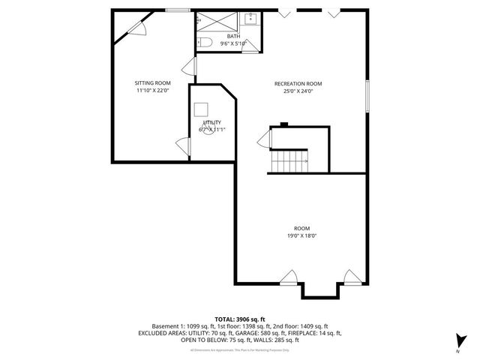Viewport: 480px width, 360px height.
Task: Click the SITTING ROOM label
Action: click(152, 83)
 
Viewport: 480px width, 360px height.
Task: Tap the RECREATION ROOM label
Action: click(298, 83)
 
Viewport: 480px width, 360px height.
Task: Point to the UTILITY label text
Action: click(212, 121)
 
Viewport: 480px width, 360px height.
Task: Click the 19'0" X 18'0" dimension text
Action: click(302, 235)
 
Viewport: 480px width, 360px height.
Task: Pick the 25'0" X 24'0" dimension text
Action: click(298, 91)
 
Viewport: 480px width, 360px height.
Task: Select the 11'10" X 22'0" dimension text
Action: click(152, 91)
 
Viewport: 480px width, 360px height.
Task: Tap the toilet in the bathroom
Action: click(205, 43)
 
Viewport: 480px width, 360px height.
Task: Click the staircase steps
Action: click(289, 160)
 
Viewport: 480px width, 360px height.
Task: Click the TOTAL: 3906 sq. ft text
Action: click(239, 319)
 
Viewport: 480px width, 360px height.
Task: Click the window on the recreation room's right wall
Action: click(367, 96)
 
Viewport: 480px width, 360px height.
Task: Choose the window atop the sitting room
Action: click(177, 10)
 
